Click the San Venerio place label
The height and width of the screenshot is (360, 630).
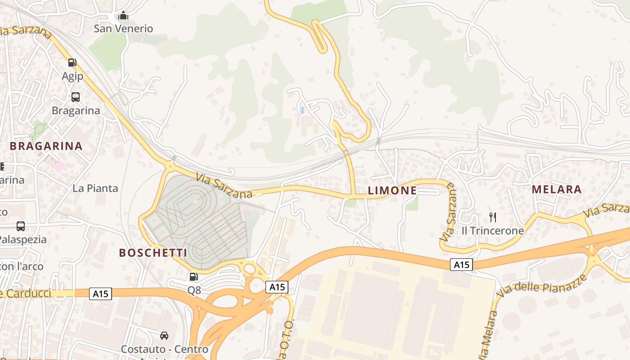(123, 28)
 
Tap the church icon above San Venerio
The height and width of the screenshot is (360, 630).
(123, 16)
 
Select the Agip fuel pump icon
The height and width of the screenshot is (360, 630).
(72, 63)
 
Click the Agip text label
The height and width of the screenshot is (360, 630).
(72, 76)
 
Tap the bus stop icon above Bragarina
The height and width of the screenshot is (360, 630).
(76, 97)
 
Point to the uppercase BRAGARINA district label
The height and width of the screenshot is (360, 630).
(46, 146)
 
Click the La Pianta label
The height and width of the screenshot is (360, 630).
(95, 188)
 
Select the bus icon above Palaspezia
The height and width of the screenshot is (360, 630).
(21, 226)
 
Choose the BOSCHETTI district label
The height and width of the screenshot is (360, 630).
(153, 252)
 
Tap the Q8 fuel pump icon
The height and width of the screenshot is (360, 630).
(193, 277)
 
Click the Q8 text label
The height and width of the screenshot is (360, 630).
(194, 290)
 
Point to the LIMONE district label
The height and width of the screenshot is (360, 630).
(392, 190)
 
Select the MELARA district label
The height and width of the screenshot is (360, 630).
(557, 189)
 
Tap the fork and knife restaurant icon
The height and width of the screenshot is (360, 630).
(493, 217)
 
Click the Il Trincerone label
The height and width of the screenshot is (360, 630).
(493, 231)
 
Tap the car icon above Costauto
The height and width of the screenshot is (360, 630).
(164, 336)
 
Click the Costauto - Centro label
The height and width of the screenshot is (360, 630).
(164, 349)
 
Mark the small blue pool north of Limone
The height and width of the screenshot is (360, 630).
(302, 109)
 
